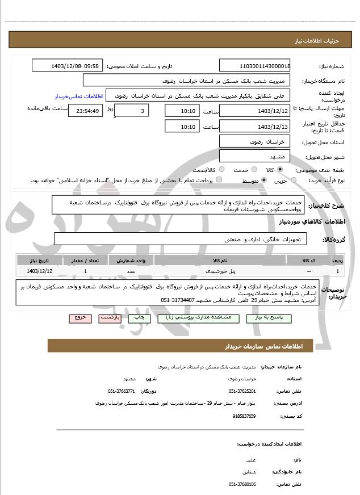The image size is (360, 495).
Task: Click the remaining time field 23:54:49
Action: pyautogui.click(x=85, y=111)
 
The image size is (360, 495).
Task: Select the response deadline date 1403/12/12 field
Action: pyautogui.click(x=254, y=111)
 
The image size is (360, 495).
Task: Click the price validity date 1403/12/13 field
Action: pyautogui.click(x=254, y=126)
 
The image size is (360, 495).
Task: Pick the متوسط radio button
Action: pyautogui.click(x=264, y=180)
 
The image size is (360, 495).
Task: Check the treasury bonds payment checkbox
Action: pyautogui.click(x=219, y=180)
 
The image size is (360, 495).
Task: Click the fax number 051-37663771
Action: pyautogui.click(x=121, y=391)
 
